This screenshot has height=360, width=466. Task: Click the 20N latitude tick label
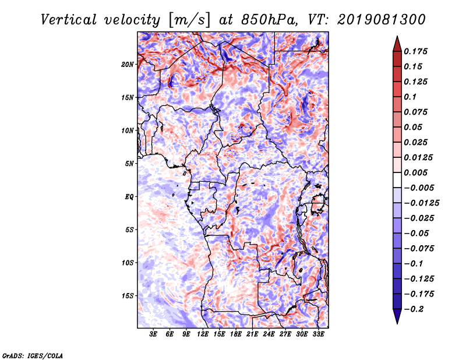[127, 65]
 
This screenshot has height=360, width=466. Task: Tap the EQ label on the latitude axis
[129, 197]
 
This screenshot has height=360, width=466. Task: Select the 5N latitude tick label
[129, 164]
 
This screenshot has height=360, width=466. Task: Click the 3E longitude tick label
[153, 334]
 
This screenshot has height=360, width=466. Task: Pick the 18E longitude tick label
[236, 334]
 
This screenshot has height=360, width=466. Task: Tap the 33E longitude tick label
[318, 334]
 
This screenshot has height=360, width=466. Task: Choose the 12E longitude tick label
[203, 334]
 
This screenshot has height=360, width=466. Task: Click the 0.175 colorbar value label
[415, 51]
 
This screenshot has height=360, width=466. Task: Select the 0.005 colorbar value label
[415, 172]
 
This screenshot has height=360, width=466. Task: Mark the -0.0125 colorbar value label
[421, 203]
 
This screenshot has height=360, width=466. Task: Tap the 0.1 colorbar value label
[410, 97]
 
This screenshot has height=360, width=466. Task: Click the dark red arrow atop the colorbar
[397, 44]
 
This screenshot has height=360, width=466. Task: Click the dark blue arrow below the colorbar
[397, 316]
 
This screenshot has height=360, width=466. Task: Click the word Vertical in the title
[69, 20]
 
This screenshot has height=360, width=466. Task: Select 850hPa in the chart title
[269, 20]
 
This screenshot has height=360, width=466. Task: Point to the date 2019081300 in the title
[382, 20]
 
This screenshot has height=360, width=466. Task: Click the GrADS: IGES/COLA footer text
[33, 356]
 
